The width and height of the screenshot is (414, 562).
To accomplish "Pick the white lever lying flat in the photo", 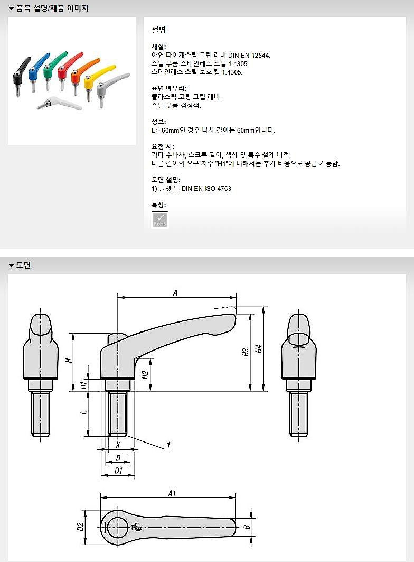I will click(61, 103).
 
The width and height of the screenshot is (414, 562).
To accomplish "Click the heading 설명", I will click(158, 30).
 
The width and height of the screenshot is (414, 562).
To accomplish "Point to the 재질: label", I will click(158, 47).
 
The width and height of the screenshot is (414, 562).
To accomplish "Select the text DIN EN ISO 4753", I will click(206, 188).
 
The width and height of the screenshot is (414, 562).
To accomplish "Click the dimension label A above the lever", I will click(175, 292).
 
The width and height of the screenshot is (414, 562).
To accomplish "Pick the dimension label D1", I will click(118, 470).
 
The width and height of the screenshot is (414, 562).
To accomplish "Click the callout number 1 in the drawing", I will click(168, 445).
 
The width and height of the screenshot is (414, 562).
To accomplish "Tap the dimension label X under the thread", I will click(118, 445).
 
